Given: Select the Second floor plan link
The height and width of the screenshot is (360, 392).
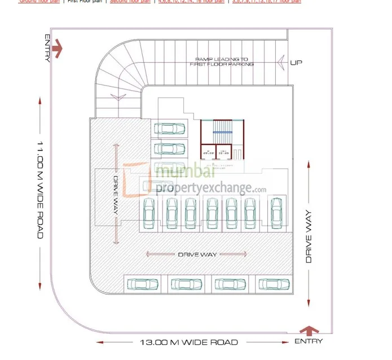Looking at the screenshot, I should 130,2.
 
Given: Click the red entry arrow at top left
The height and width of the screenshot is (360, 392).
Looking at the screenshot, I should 57,50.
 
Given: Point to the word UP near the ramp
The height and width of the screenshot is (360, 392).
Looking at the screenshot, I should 296,62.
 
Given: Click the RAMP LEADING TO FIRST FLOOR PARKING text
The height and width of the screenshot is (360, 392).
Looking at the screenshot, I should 222,62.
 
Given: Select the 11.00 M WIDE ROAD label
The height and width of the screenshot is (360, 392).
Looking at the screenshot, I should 40,189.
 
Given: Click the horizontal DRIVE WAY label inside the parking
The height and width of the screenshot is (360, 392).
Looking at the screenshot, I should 197,254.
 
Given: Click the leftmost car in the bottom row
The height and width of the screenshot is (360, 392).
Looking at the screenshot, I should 143,284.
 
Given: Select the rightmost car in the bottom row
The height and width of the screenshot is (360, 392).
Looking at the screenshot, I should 274,284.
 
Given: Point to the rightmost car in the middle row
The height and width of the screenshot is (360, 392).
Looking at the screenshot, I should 276,213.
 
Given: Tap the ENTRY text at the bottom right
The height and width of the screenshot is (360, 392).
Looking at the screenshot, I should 309,341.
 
